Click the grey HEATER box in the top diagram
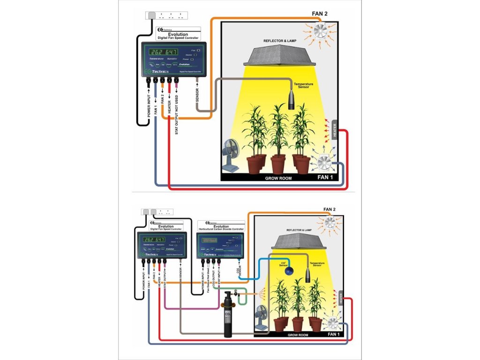335,130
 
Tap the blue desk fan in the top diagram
230,155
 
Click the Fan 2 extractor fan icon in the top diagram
322,32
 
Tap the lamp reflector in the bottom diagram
294,242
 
